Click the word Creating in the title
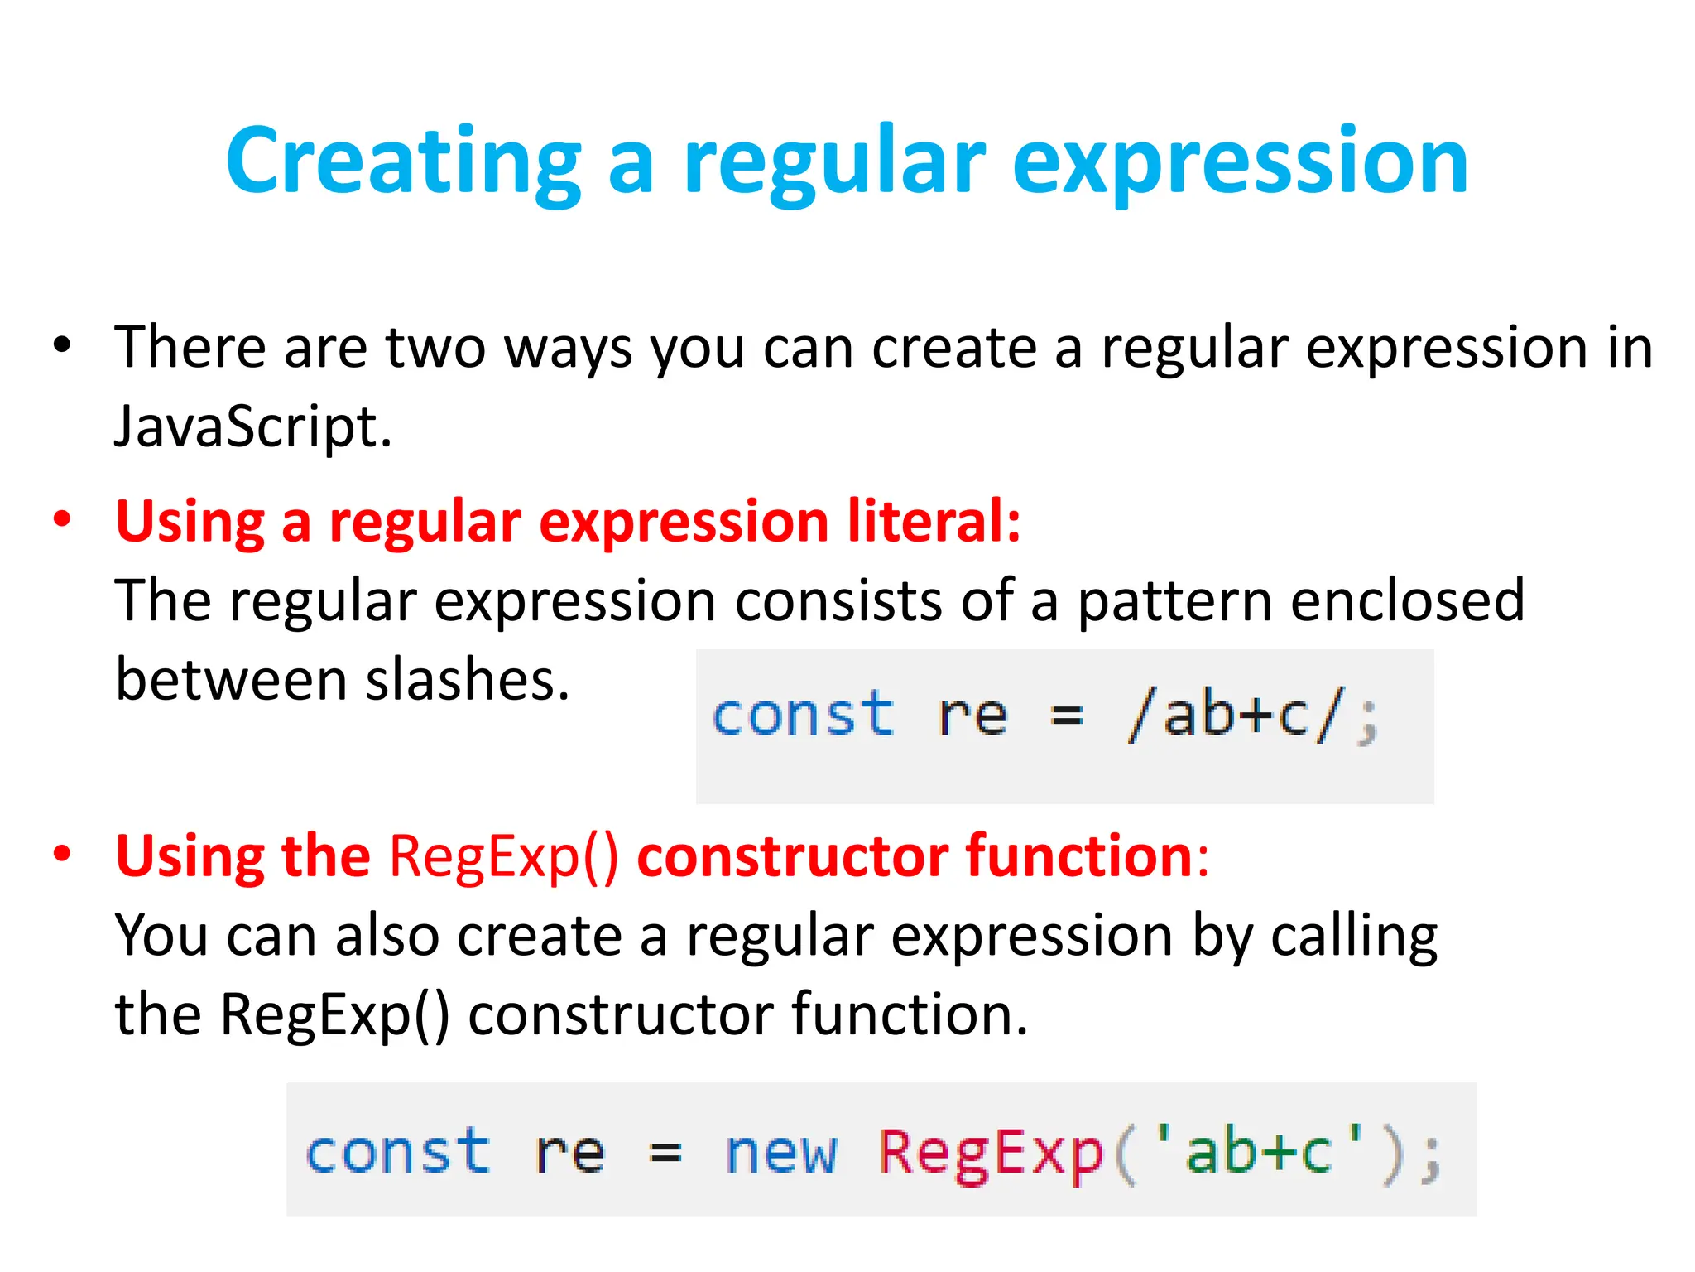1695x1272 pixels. [x=403, y=161]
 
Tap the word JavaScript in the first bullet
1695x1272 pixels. [x=252, y=427]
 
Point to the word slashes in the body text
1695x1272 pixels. [x=468, y=681]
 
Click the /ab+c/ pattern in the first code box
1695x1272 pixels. [x=1233, y=715]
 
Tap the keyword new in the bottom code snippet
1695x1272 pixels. [x=781, y=1153]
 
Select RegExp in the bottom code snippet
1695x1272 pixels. [x=991, y=1153]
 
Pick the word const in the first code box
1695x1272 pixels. [x=803, y=715]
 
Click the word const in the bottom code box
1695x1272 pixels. [x=397, y=1153]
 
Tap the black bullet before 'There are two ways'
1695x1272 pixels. [x=62, y=345]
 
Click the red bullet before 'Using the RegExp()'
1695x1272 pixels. [x=62, y=854]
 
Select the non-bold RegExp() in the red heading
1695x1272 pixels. [x=503, y=857]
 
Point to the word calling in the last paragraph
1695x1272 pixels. [x=1354, y=937]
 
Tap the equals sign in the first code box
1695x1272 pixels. [x=1066, y=715]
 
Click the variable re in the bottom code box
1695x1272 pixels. [x=569, y=1153]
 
